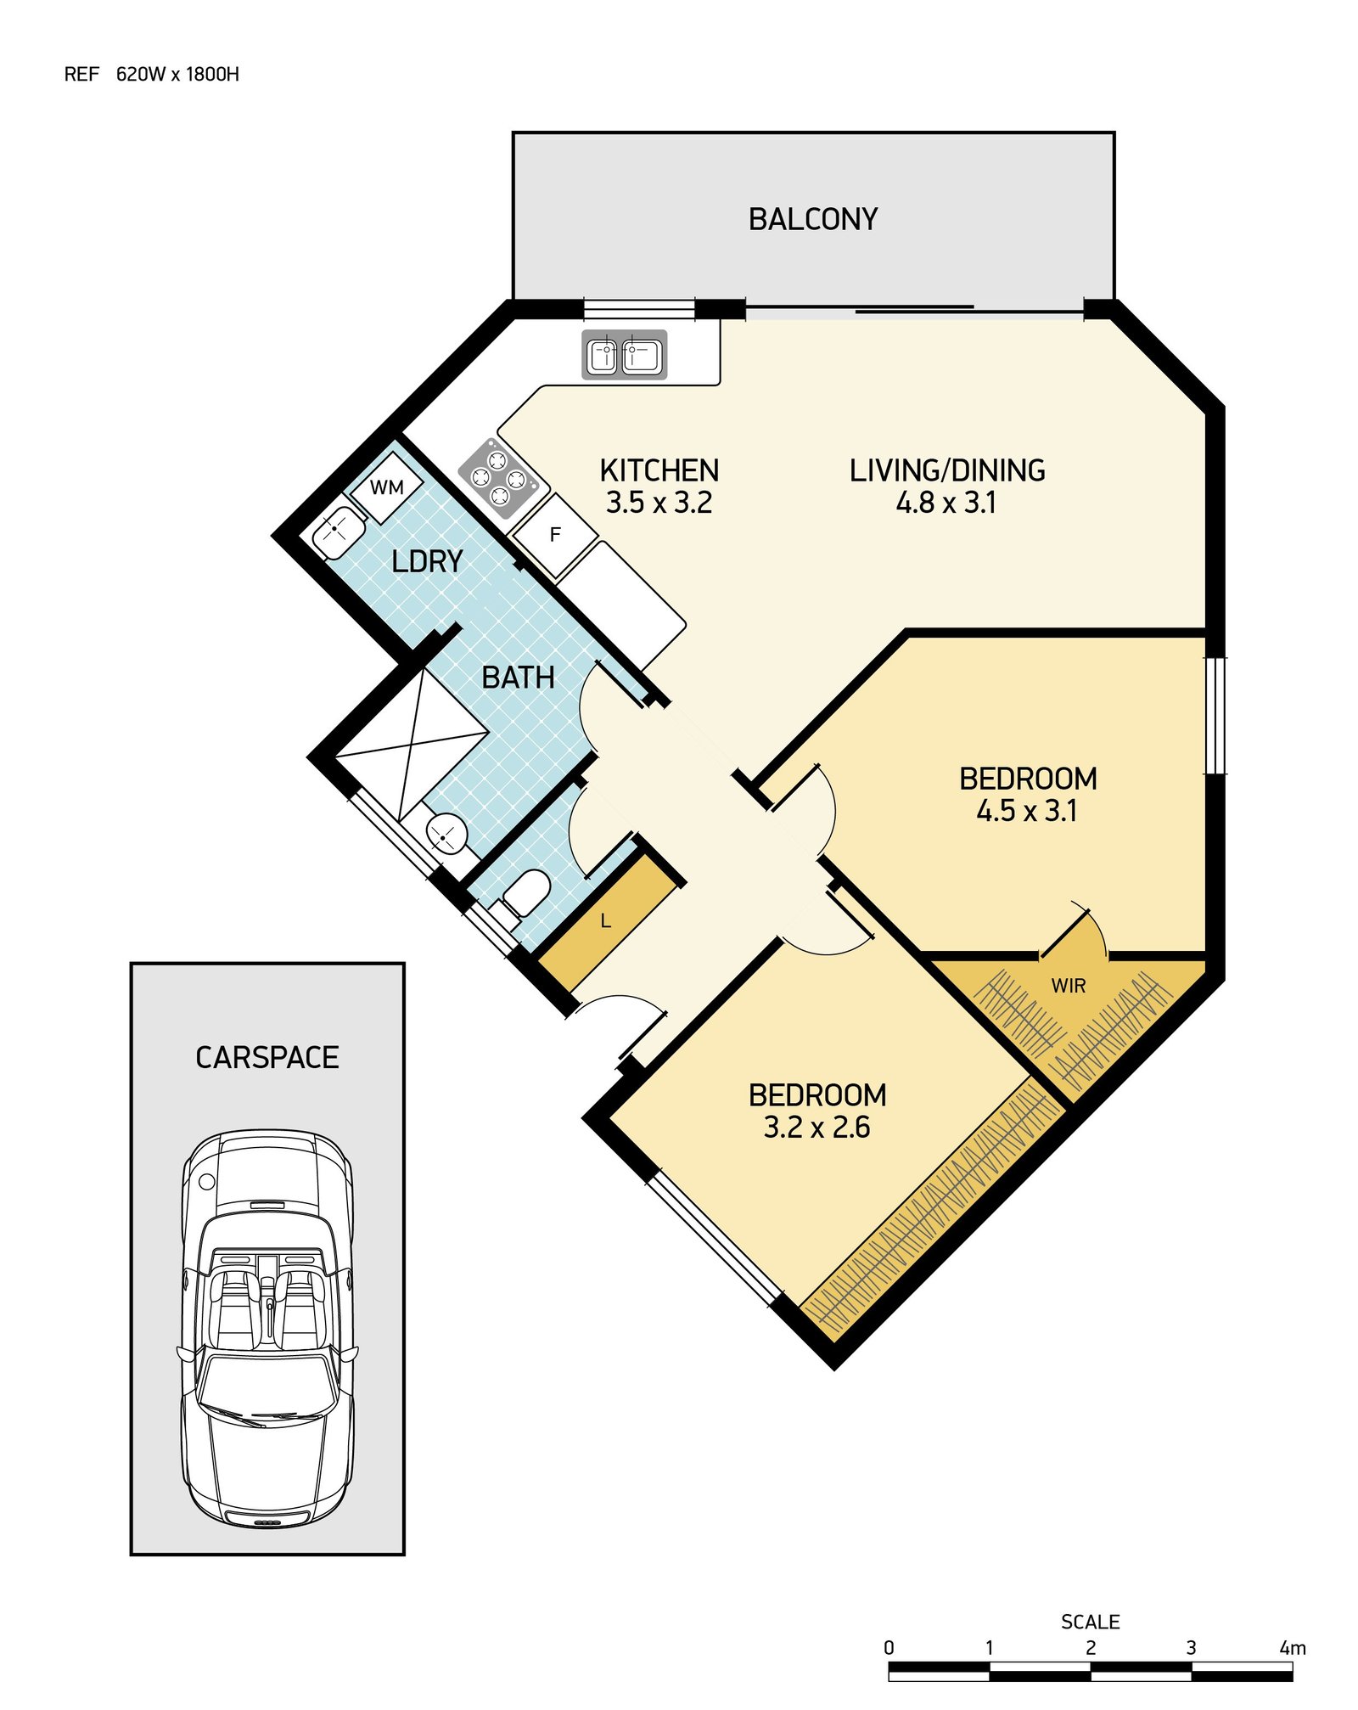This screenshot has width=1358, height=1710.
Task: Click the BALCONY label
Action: coord(812,219)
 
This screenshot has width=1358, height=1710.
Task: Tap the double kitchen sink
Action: coord(624,354)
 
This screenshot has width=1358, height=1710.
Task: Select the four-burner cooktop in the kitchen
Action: coord(498,478)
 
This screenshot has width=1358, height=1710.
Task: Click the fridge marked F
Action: coord(555,535)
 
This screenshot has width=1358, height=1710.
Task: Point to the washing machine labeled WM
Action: coord(387,487)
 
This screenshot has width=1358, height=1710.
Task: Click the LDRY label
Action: coord(427,561)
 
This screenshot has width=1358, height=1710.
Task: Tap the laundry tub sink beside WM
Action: coord(339,532)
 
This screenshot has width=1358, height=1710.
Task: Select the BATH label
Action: coord(518,678)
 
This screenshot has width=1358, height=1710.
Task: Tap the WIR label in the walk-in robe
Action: coord(1068,986)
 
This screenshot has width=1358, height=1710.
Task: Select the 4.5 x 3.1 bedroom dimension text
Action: coord(1027,811)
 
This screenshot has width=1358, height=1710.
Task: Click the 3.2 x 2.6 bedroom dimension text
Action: coord(816,1127)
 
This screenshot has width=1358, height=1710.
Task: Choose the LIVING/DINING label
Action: coord(947,470)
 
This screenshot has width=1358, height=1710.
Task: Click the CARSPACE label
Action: coord(267,1057)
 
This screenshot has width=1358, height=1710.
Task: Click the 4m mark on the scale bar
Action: coord(1292,1648)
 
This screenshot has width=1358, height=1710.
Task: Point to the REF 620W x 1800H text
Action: coord(152,74)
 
